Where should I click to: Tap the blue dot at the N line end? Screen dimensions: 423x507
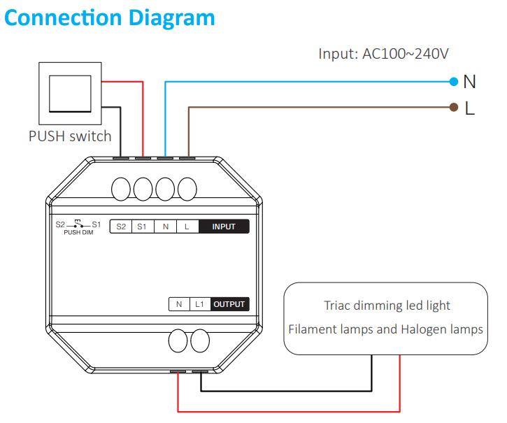coord(454,82)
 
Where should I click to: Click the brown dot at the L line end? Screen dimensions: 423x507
coord(454,108)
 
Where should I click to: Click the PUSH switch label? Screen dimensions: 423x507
coord(70,136)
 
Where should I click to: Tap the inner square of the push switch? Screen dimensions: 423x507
coord(69,94)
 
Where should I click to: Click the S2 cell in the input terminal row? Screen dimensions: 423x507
coord(121,227)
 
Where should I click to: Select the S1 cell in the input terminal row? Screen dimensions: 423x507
coord(143,227)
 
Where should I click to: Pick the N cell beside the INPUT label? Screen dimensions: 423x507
coord(165,227)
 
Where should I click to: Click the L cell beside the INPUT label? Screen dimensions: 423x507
coord(187,227)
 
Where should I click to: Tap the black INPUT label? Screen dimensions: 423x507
coord(223,227)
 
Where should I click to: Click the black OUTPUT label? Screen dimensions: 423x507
coord(229,304)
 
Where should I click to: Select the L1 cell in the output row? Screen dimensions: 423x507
coord(199,304)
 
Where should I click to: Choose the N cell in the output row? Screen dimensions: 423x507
coord(179,304)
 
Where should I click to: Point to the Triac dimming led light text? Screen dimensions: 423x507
coord(387,306)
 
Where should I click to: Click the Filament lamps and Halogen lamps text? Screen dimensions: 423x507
coord(387,329)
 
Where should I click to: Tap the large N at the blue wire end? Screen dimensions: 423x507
coord(470,82)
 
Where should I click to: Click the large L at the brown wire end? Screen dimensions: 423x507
coord(470,108)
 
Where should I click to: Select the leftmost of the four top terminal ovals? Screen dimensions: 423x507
coord(122,189)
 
